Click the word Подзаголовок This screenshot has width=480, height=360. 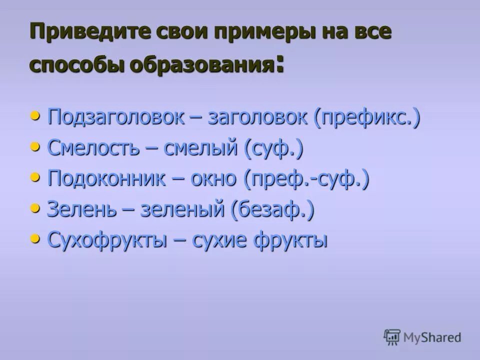pyautogui.click(x=116, y=118)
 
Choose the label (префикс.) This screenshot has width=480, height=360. pyautogui.click(x=367, y=118)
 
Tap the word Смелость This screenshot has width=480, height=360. pyautogui.click(x=92, y=148)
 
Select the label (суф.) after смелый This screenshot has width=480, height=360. pyautogui.click(x=274, y=148)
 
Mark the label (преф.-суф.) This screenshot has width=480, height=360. pyautogui.click(x=307, y=179)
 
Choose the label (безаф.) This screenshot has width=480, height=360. pyautogui.click(x=272, y=209)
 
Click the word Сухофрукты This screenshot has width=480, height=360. pyautogui.click(x=107, y=240)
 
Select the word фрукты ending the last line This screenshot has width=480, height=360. pyautogui.click(x=290, y=240)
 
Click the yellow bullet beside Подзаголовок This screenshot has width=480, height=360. pyautogui.click(x=34, y=116)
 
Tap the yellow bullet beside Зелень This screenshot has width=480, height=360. pyautogui.click(x=34, y=207)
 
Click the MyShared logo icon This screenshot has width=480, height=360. pyautogui.click(x=392, y=337)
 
